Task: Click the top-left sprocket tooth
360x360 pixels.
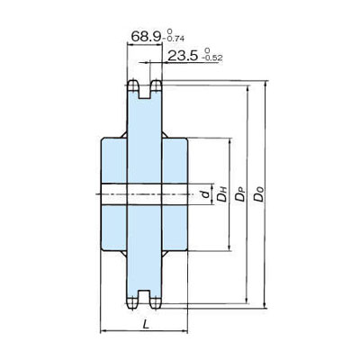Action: pos(131,88)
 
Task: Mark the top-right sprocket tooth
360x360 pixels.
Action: pos(156,88)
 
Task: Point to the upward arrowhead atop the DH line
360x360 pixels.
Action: pos(231,142)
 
